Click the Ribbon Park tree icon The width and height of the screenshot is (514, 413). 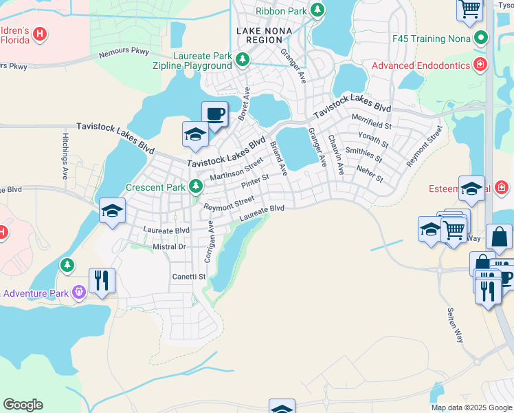(317, 10)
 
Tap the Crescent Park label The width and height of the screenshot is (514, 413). (156, 187)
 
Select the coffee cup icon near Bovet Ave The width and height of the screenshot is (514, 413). (214, 114)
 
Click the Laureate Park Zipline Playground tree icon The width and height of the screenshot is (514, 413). (242, 61)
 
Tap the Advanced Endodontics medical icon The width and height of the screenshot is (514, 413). (480, 66)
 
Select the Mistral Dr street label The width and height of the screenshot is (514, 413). (168, 246)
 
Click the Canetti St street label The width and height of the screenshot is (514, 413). (189, 277)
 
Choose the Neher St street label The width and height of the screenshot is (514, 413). (370, 173)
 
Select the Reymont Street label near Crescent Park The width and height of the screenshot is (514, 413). (229, 204)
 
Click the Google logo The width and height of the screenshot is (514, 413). (23, 405)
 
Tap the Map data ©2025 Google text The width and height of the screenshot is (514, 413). (471, 407)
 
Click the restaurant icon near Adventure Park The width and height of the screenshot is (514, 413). (102, 280)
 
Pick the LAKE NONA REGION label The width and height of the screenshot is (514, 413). (264, 36)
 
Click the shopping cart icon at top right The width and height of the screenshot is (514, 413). (470, 9)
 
